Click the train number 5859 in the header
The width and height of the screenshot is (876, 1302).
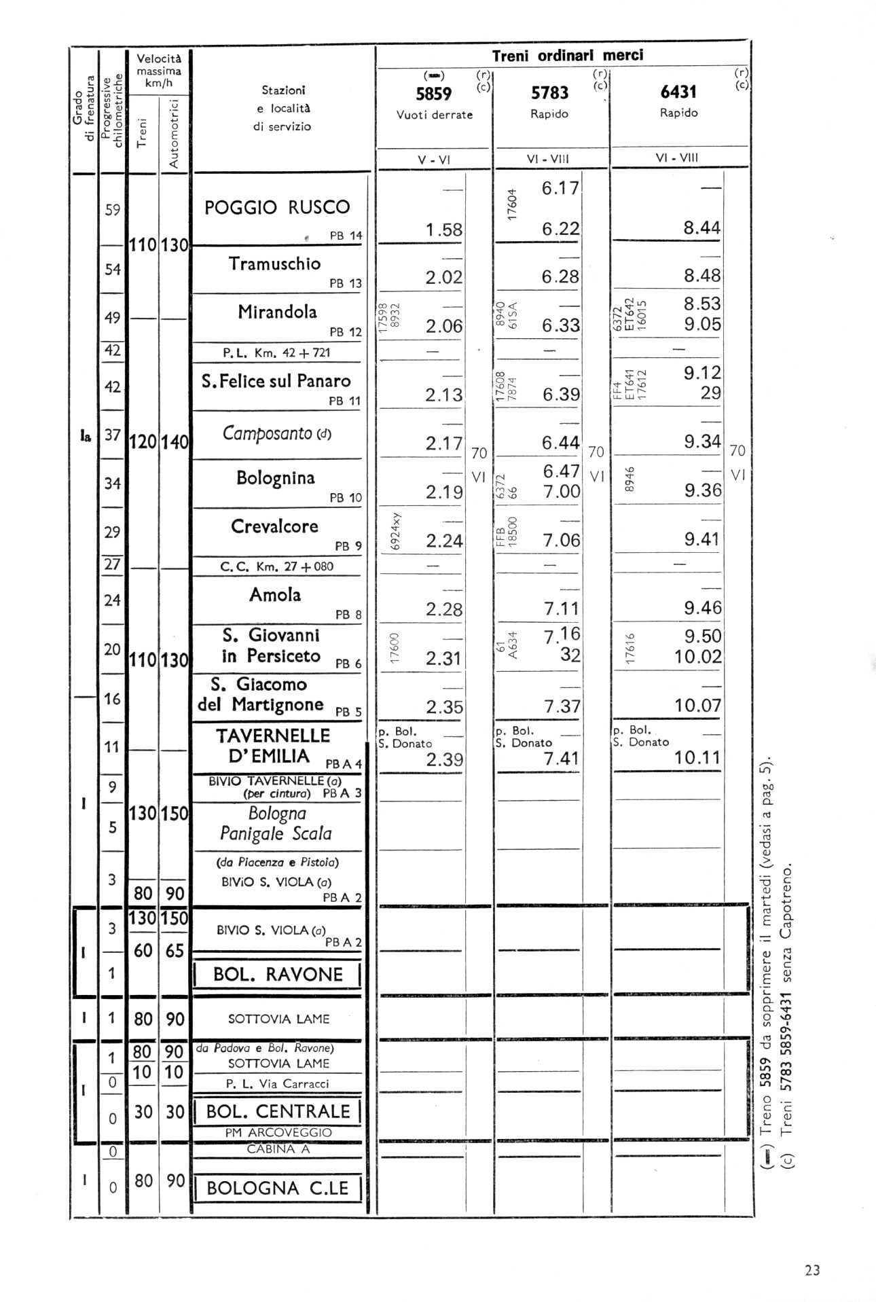click(433, 94)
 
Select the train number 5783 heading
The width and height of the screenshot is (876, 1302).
click(549, 93)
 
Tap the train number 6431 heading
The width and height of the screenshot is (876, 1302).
click(678, 92)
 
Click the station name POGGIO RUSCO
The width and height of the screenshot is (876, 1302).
click(277, 207)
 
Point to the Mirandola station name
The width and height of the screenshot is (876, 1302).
click(277, 312)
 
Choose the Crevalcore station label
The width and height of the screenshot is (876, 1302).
click(274, 526)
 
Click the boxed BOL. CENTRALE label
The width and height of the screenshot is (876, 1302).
click(278, 1112)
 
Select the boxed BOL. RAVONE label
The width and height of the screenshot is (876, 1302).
click(278, 975)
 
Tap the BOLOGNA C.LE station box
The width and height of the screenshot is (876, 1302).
click(277, 1188)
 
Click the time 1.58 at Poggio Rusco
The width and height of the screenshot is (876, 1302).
click(444, 230)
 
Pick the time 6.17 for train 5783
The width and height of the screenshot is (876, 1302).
click(560, 188)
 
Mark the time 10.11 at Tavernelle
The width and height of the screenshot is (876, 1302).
click(697, 757)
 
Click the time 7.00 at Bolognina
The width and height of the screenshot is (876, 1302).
click(562, 491)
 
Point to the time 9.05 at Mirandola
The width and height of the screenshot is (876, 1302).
click(702, 324)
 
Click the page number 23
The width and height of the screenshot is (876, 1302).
click(812, 1270)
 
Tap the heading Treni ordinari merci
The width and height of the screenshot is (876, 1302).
click(567, 56)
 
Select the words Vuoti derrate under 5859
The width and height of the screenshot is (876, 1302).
click(435, 115)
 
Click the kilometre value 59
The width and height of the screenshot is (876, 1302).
click(113, 210)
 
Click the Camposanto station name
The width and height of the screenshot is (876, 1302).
click(267, 433)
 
